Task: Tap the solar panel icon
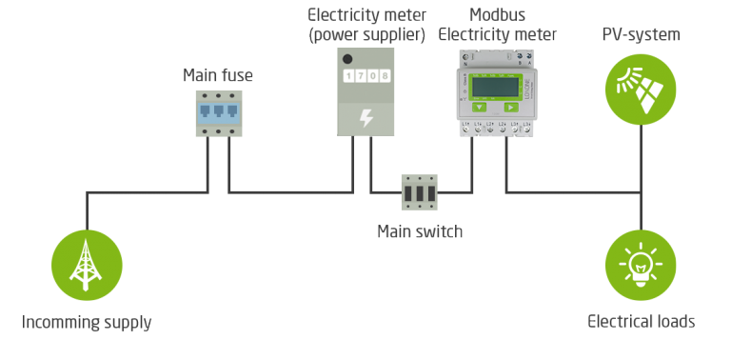pyautogui.click(x=640, y=89)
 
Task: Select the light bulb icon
pyautogui.click(x=640, y=265)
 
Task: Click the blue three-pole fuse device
pyautogui.click(x=218, y=112)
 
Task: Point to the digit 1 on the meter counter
pyautogui.click(x=348, y=75)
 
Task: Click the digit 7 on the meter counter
pyautogui.click(x=360, y=75)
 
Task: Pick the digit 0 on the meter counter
pyautogui.click(x=372, y=75)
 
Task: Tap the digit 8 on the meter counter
pyautogui.click(x=385, y=75)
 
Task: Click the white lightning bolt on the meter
pyautogui.click(x=365, y=118)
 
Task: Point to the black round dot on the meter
pyautogui.click(x=348, y=56)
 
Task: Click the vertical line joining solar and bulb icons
pyautogui.click(x=641, y=177)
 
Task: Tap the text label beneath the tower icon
pyautogui.click(x=87, y=322)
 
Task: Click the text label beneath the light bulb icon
pyautogui.click(x=641, y=322)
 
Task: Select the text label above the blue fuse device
pyautogui.click(x=218, y=74)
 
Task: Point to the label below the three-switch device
pyautogui.click(x=420, y=230)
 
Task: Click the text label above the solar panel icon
pyautogui.click(x=641, y=36)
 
